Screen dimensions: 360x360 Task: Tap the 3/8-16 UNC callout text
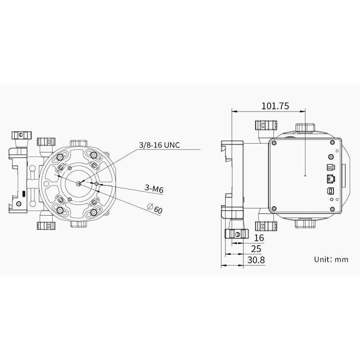(x=159, y=145)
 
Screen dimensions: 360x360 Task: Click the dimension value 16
(x=259, y=238)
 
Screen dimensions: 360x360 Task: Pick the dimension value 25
(x=256, y=249)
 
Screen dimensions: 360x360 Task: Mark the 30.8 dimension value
(x=256, y=260)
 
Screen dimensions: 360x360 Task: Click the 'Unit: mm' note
(x=331, y=259)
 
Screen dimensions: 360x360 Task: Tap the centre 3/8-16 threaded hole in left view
(x=79, y=183)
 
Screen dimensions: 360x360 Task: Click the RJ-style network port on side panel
(x=330, y=178)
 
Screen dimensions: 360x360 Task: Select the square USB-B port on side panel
(x=331, y=191)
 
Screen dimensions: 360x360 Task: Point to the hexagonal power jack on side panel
(x=331, y=157)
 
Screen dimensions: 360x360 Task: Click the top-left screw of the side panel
(x=273, y=143)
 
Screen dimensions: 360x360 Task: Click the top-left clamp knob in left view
(x=21, y=135)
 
